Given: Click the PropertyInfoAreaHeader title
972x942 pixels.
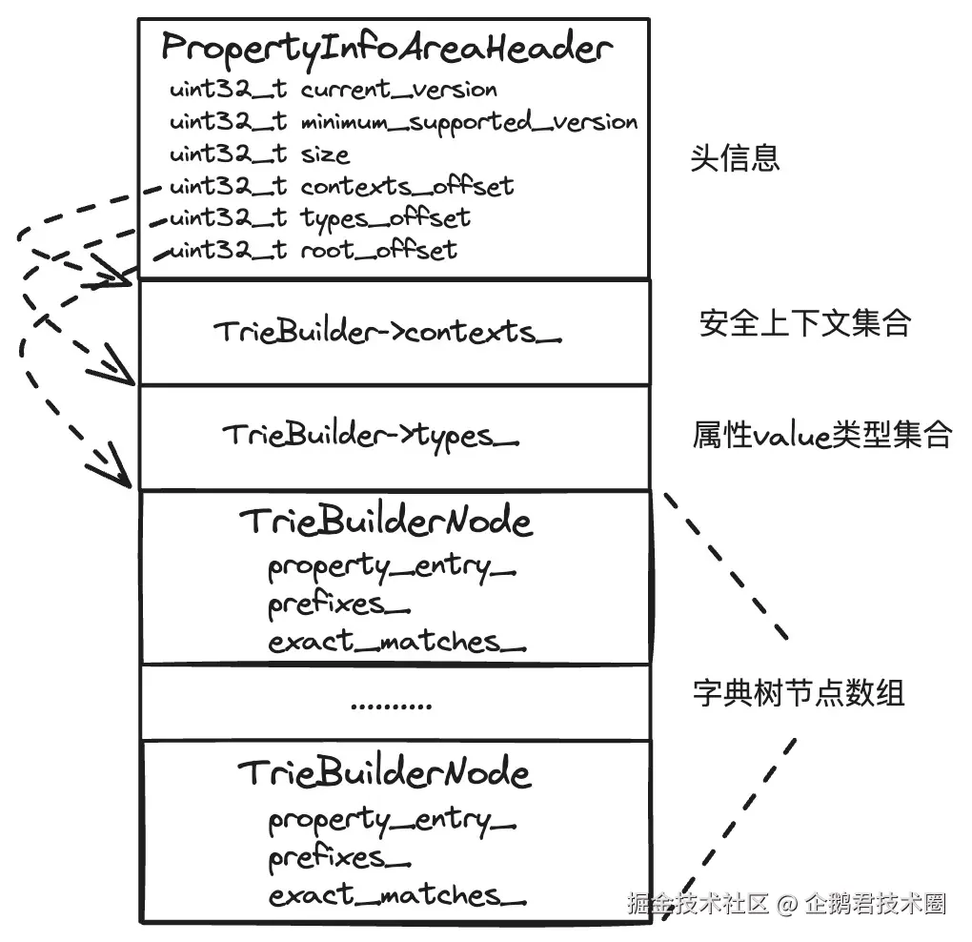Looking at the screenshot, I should [x=386, y=47].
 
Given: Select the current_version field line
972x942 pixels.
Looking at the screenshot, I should [x=334, y=91].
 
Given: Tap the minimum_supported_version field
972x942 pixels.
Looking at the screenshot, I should [x=403, y=122].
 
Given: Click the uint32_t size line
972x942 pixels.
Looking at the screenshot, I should [x=259, y=154].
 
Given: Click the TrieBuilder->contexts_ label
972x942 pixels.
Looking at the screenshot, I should [x=387, y=332].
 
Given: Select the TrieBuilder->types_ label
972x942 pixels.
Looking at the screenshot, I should [x=372, y=436].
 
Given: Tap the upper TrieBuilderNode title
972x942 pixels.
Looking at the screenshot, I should [x=385, y=522].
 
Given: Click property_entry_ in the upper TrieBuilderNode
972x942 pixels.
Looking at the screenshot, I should [x=392, y=567].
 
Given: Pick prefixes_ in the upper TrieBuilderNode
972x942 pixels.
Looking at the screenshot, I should [x=338, y=604].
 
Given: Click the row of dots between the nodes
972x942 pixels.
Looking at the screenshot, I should [x=391, y=706].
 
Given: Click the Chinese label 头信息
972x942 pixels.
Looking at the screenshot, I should [x=735, y=157].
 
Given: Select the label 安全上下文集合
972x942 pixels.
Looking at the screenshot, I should [x=805, y=324].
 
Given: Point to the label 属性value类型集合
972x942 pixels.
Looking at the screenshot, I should [x=821, y=436].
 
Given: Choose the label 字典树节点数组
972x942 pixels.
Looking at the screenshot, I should [x=798, y=693].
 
